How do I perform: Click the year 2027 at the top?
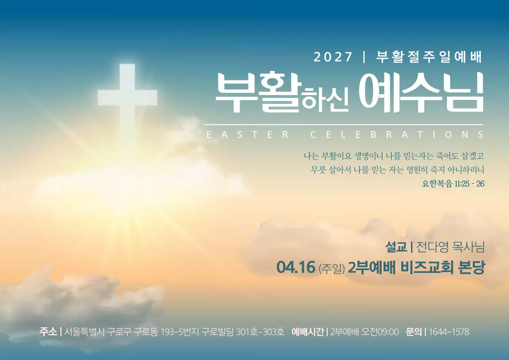tap(333, 57)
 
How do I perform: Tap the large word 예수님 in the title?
tap(421, 93)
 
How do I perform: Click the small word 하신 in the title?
tap(325, 100)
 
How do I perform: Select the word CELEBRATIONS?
tap(397, 135)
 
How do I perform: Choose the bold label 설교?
tap(396, 247)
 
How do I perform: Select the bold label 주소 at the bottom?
tap(48, 331)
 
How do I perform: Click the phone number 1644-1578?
tap(449, 332)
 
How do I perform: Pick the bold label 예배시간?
tap(307, 331)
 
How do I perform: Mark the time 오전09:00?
tap(380, 332)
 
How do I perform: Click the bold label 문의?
tap(414, 331)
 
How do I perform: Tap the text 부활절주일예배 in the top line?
tap(429, 57)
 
